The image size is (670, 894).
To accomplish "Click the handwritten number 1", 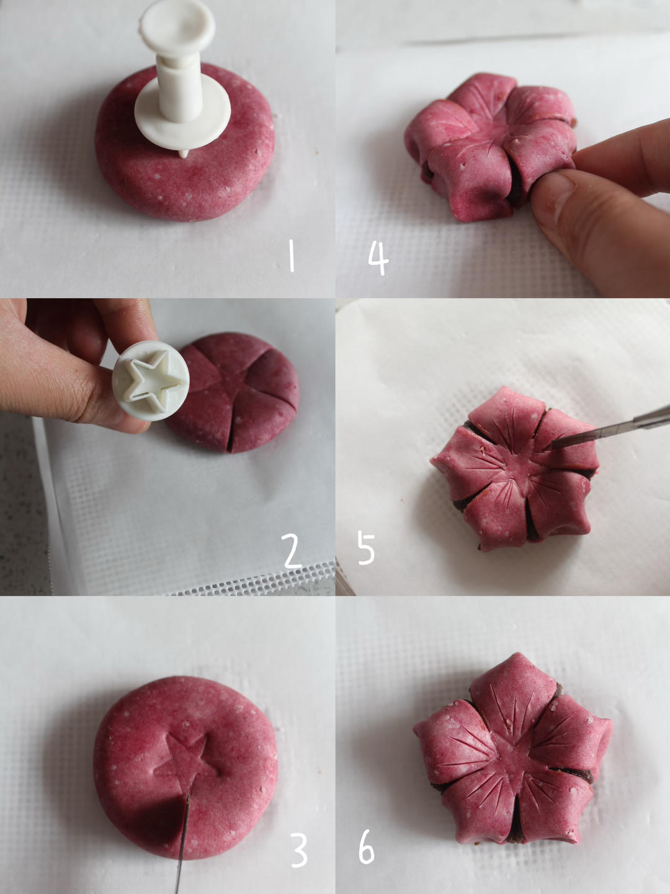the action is [x=292, y=255].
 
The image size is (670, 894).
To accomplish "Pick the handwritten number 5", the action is [x=366, y=549].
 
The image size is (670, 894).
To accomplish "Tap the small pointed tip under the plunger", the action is [x=184, y=154].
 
